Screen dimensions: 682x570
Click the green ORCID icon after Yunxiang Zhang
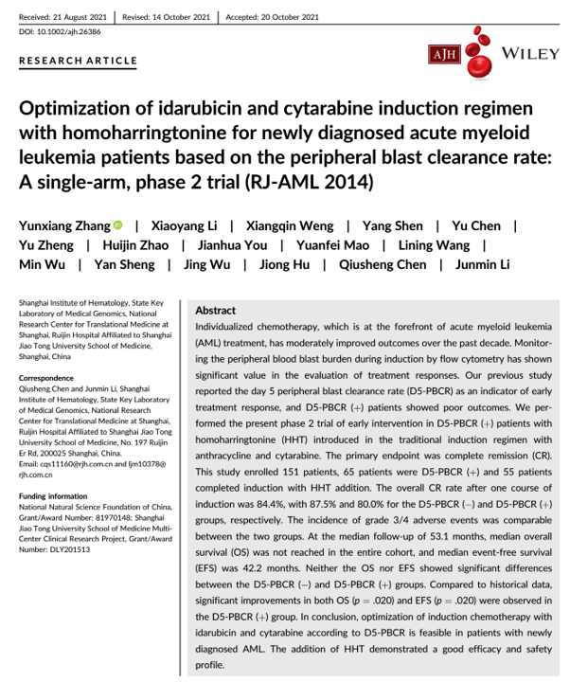tap(118, 225)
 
